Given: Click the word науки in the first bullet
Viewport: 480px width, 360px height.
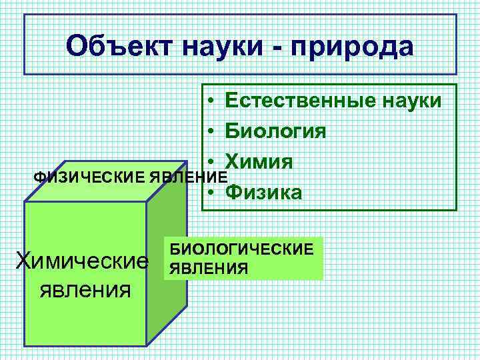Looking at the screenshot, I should (408, 101).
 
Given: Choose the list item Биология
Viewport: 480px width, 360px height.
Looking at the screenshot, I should (275, 131).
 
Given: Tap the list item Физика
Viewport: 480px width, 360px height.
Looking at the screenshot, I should (263, 192).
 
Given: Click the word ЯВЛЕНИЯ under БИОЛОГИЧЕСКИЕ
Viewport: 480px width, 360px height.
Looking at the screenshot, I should (209, 268).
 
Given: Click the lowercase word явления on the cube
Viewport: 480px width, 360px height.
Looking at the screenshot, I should (85, 290).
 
